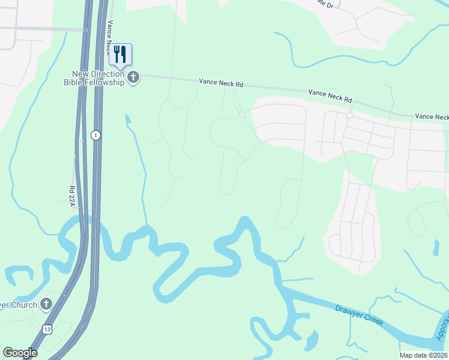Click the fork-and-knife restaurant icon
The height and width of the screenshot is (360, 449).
[120, 55]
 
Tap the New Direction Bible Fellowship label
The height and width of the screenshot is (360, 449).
[97, 78]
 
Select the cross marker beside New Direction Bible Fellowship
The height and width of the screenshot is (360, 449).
[133, 77]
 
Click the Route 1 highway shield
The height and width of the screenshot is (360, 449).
[95, 136]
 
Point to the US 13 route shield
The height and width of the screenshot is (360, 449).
[47, 329]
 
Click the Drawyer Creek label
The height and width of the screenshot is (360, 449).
[359, 314]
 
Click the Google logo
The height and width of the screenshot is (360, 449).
[20, 353]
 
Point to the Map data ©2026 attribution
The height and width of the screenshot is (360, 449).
[423, 355]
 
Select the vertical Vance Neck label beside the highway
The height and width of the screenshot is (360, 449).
[109, 36]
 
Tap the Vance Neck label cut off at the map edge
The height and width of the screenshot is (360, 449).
[432, 116]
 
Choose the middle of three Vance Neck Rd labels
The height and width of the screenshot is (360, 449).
[330, 95]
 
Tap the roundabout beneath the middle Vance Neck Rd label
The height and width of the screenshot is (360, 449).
[349, 115]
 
